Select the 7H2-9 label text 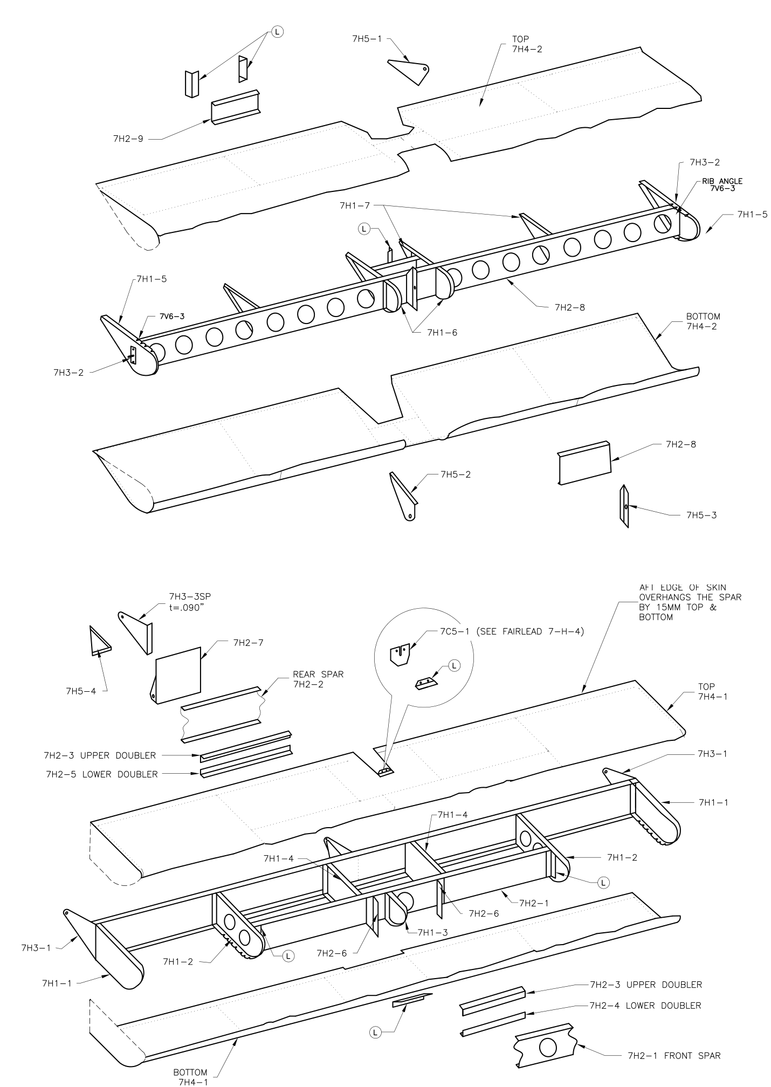coord(128,139)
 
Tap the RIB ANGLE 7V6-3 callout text coord(722,184)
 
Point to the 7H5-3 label coord(701,515)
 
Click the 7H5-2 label coord(456,474)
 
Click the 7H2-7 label coord(248,642)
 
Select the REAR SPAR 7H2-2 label coord(318,679)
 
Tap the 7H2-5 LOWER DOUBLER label coord(102,774)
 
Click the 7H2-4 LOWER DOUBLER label coord(645,1005)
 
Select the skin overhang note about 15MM coord(690,602)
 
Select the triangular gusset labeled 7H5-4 coord(100,641)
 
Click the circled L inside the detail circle coord(454,666)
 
